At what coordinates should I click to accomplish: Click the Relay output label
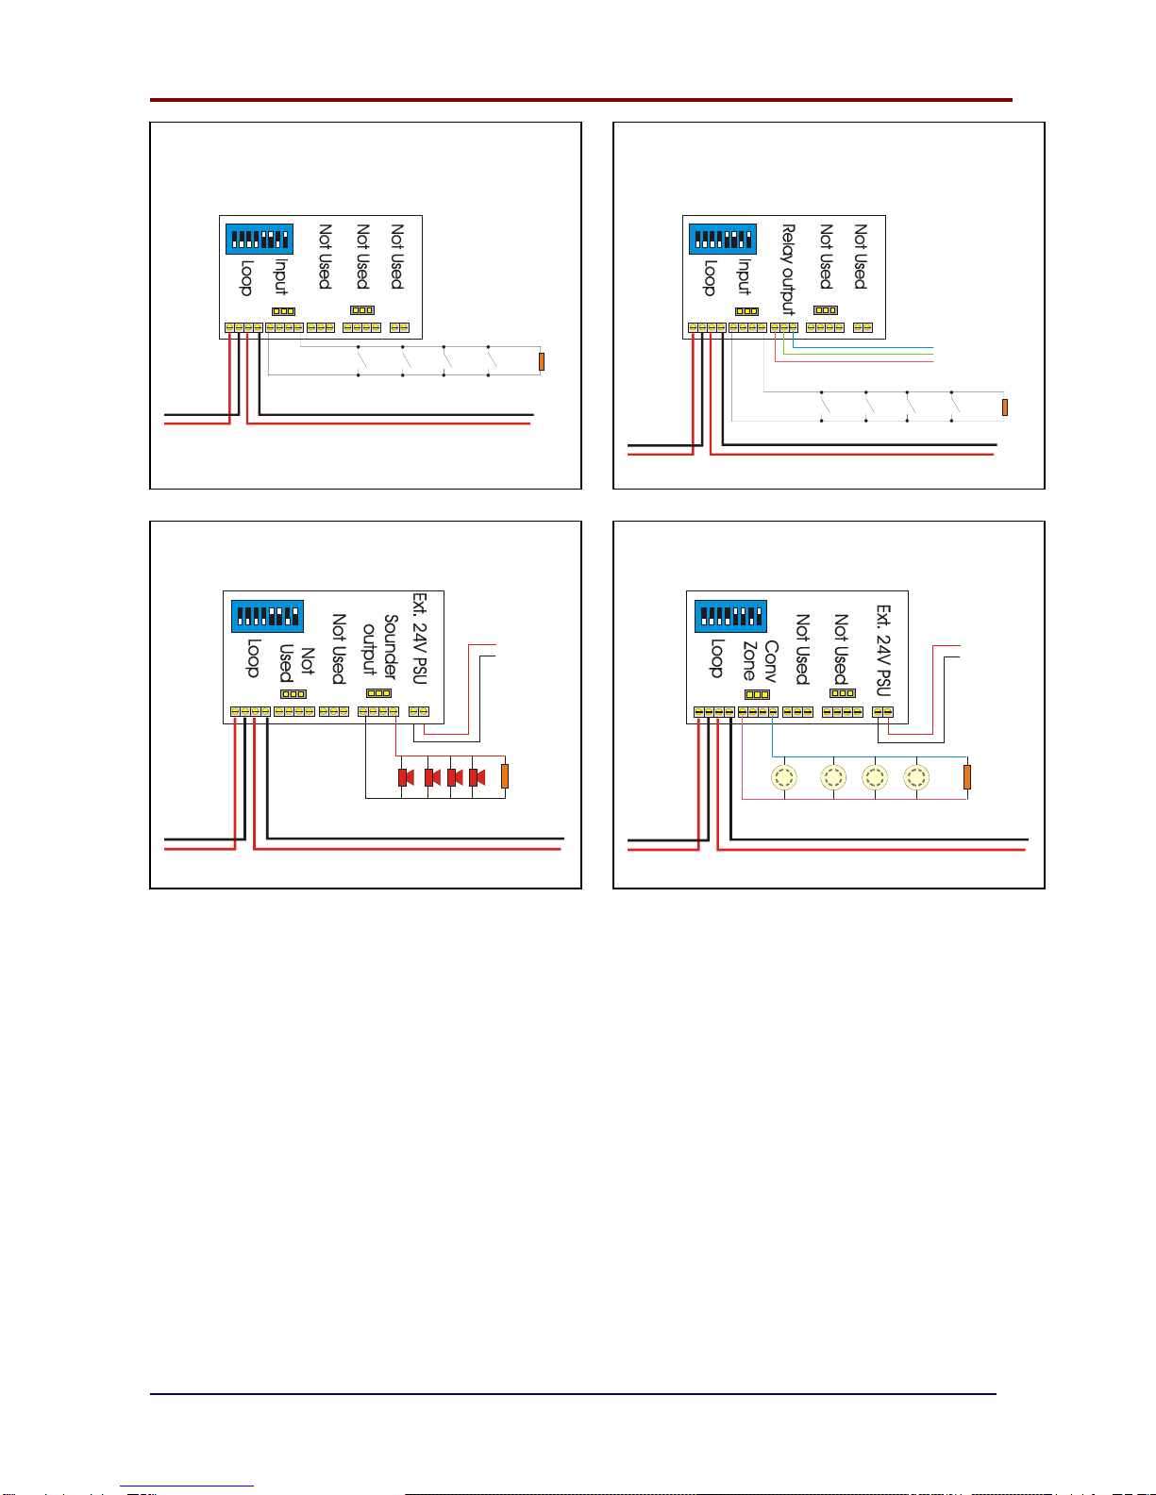pyautogui.click(x=788, y=269)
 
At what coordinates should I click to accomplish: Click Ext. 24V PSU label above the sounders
pyautogui.click(x=420, y=639)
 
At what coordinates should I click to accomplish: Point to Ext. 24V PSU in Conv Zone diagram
pyautogui.click(x=883, y=651)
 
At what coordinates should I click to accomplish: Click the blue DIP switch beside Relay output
pyautogui.click(x=723, y=239)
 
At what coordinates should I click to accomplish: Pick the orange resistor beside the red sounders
pyautogui.click(x=505, y=776)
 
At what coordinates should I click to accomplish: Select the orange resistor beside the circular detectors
pyautogui.click(x=967, y=777)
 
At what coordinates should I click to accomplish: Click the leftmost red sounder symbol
pyautogui.click(x=407, y=777)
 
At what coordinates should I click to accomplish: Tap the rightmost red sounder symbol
pyautogui.click(x=477, y=777)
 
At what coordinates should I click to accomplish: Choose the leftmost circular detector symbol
pyautogui.click(x=784, y=777)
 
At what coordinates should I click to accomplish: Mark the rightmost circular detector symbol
pyautogui.click(x=916, y=777)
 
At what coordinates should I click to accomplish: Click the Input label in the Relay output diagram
pyautogui.click(x=745, y=276)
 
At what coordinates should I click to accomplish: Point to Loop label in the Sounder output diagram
pyautogui.click(x=253, y=657)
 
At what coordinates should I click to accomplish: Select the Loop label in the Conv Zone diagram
pyautogui.click(x=716, y=657)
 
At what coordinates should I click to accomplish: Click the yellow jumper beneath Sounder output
pyautogui.click(x=378, y=693)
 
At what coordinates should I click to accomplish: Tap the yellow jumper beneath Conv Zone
pyautogui.click(x=757, y=695)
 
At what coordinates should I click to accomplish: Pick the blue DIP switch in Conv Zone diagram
pyautogui.click(x=730, y=616)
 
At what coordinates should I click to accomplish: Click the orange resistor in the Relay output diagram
pyautogui.click(x=1005, y=407)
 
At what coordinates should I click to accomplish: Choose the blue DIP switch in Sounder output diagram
pyautogui.click(x=267, y=616)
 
